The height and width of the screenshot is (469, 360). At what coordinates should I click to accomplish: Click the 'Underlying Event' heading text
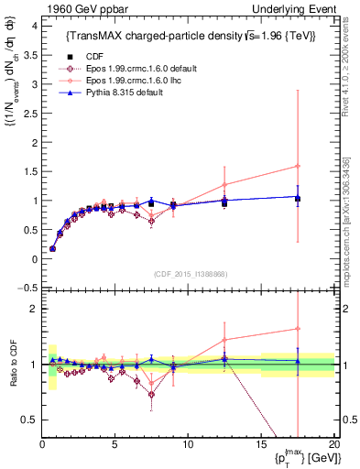292,9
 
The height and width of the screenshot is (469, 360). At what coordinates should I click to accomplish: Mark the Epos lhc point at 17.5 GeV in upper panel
297,166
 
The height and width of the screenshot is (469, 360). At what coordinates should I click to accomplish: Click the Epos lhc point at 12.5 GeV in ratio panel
224,339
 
